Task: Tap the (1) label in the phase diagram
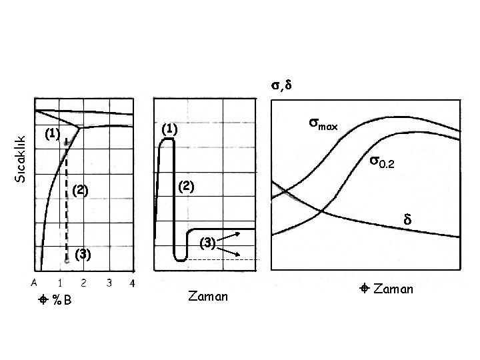point(53,134)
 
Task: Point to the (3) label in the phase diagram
point(83,253)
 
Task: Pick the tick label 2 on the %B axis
point(83,283)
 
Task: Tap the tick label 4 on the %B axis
point(132,283)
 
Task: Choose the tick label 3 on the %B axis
point(108,283)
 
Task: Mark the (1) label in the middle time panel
point(170,129)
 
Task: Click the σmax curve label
point(323,124)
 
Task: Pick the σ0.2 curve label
point(383,161)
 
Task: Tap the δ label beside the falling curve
point(407,219)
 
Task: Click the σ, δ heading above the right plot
point(282,85)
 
